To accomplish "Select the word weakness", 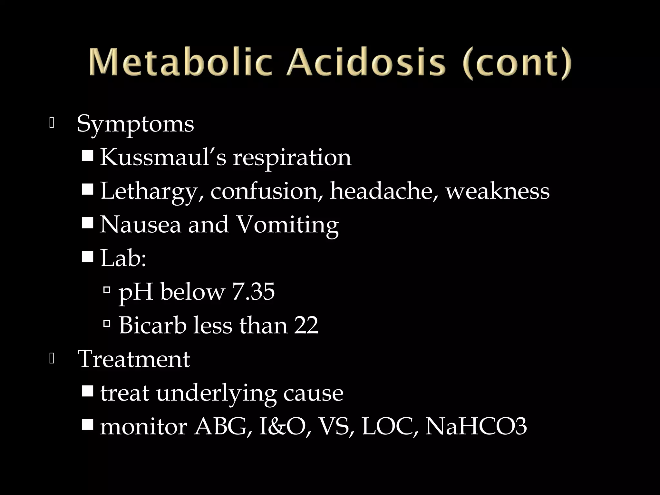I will tap(498, 191).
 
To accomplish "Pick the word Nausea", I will tap(141, 225).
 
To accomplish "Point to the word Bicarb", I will tap(153, 325).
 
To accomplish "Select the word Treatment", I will tap(134, 359).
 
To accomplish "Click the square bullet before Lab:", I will tap(87, 257).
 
